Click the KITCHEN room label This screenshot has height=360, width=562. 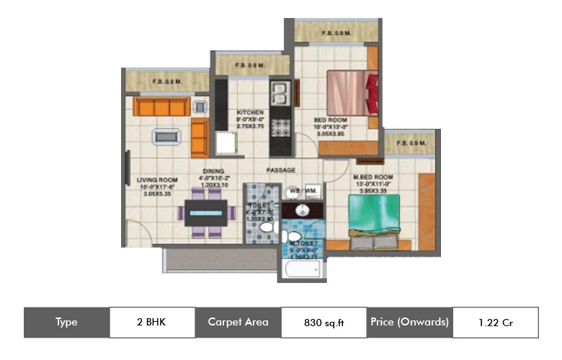250,113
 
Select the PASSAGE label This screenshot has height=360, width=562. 281,171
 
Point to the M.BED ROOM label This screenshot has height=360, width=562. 373,177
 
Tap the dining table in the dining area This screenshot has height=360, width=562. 209,213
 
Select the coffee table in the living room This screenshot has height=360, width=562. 166,136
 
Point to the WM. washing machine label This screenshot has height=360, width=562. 312,192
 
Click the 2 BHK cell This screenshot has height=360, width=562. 152,322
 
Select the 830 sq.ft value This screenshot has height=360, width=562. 324,323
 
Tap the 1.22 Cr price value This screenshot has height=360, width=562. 494,322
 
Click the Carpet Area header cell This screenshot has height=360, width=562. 238,322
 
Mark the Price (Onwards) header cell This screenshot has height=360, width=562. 410,322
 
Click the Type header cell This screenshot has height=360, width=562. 66,322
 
